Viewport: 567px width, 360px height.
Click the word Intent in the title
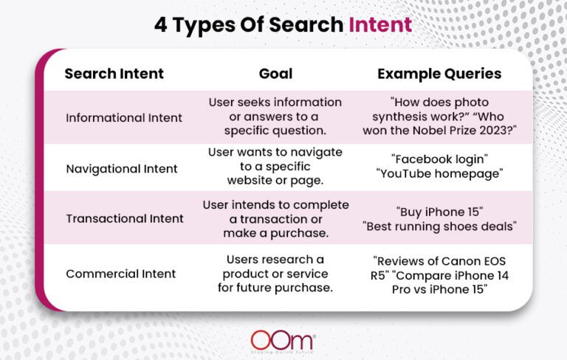point(380,24)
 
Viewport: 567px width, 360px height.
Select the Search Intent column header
point(114,74)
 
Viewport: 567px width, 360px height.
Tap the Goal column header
point(275,74)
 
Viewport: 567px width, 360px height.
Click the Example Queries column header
point(439,74)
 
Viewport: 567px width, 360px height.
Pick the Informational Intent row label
point(123,117)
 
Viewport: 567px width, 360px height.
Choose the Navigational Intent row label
point(122,169)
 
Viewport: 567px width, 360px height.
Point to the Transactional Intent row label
point(123,218)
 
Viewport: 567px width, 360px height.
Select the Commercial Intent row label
point(121,274)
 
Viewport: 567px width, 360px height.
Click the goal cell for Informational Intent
point(275,117)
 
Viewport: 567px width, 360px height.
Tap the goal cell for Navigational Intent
point(275,168)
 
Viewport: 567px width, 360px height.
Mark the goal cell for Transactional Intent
point(275,218)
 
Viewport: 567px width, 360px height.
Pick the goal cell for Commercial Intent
point(275,274)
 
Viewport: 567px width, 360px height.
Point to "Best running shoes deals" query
point(439,226)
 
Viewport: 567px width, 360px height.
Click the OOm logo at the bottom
point(283,340)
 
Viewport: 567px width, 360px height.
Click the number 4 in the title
point(161,24)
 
